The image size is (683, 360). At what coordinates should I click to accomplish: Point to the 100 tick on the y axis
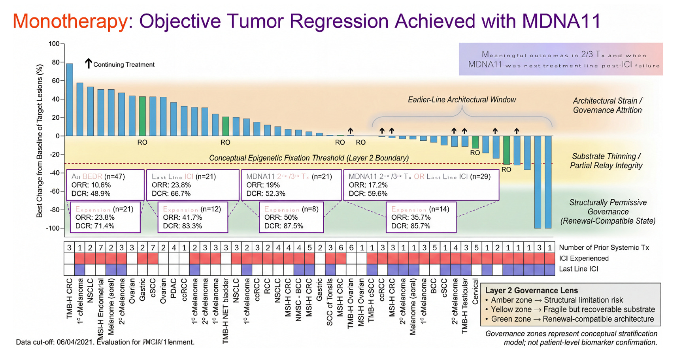pos(54,44)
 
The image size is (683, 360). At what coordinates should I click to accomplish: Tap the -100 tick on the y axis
pos(53,228)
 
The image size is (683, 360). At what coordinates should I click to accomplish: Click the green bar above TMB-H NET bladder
pos(225,126)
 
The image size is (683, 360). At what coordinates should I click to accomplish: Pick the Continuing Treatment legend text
pos(124,65)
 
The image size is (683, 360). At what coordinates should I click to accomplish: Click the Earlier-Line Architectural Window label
pos(462,100)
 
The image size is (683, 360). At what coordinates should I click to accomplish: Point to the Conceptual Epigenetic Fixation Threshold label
pos(309,158)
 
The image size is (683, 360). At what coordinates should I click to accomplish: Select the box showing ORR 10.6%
pos(105,185)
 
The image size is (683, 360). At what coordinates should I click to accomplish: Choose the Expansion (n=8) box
pos(291,217)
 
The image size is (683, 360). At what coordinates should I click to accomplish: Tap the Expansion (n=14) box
pos(421,217)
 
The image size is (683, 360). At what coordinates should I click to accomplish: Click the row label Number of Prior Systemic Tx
pos(604,248)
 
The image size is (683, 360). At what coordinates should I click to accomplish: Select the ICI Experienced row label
pos(583,258)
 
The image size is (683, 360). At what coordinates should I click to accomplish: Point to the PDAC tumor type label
pos(174,291)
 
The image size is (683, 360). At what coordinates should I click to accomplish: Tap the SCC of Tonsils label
pos(330,302)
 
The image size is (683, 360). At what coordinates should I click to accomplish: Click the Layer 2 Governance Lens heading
pos(531,290)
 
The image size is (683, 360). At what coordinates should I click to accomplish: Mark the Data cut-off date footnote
pos(105,342)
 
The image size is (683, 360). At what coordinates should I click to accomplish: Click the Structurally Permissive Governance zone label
pos(608,211)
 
